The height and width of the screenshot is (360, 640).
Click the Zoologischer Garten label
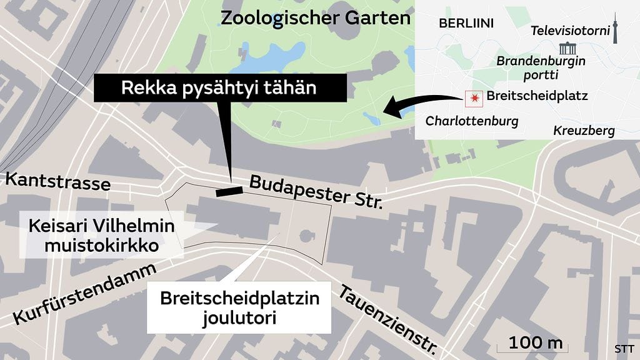pyautogui.click(x=316, y=18)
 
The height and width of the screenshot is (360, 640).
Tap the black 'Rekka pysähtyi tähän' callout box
pyautogui.click(x=219, y=88)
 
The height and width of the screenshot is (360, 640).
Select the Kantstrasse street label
pyautogui.click(x=57, y=182)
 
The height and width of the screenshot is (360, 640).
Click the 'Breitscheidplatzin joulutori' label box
pyautogui.click(x=239, y=307)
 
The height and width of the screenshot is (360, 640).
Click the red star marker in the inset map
pyautogui.click(x=474, y=97)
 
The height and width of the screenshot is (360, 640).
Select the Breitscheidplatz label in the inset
pyautogui.click(x=536, y=96)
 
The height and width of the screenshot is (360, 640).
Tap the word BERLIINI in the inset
pyautogui.click(x=466, y=24)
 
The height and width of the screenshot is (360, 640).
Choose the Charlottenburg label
pyautogui.click(x=472, y=121)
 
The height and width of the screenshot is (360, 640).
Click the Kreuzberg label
pyautogui.click(x=584, y=131)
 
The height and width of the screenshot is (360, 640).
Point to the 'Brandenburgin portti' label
pyautogui.click(x=541, y=67)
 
